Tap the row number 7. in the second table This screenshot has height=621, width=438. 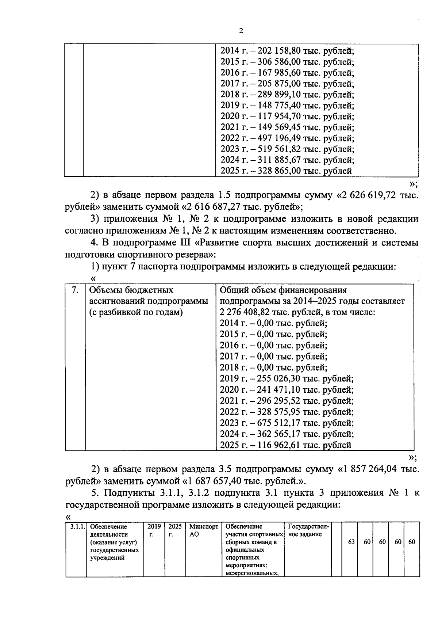(75, 290)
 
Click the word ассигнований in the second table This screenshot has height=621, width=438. (117, 301)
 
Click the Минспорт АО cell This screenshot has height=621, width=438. (203, 530)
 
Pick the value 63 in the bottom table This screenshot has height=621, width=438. (351, 542)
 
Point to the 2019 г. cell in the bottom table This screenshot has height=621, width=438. (154, 530)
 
